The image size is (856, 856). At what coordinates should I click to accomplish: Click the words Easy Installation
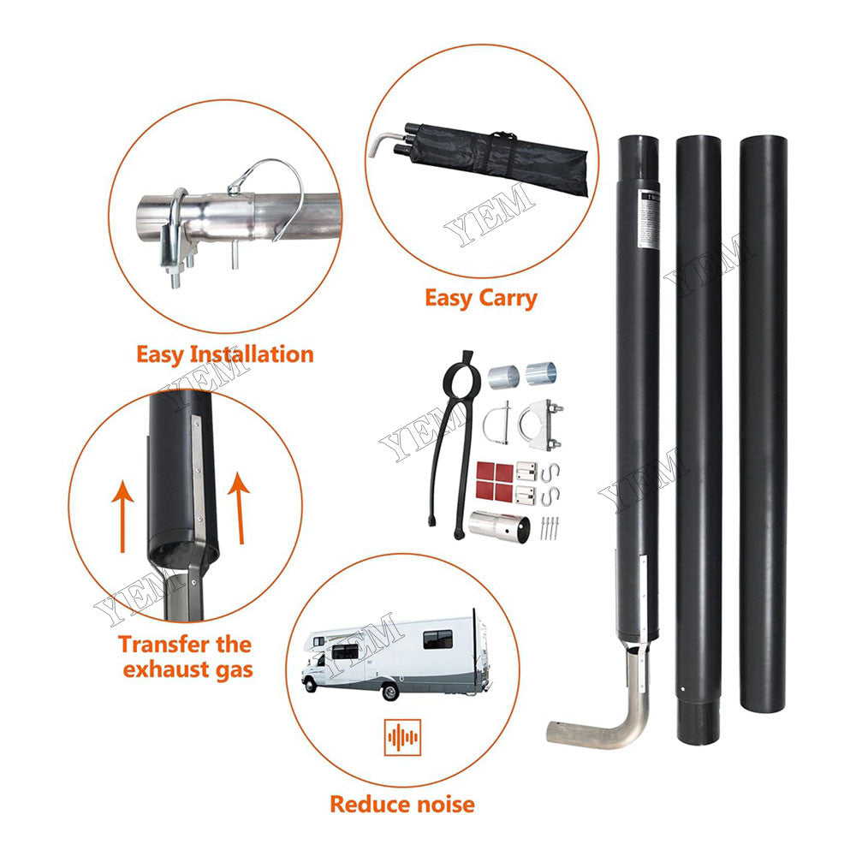click(224, 354)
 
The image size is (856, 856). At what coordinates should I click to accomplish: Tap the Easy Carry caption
click(480, 298)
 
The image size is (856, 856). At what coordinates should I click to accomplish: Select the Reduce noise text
click(401, 804)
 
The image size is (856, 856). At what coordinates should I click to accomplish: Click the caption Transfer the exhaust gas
click(185, 656)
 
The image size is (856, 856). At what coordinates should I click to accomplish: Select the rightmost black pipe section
click(763, 428)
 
